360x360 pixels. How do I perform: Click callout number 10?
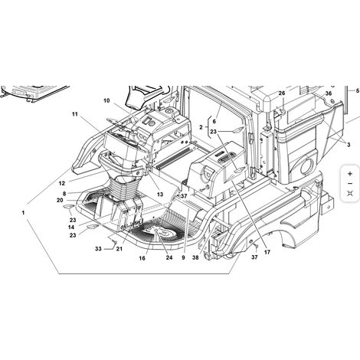tap(106, 100)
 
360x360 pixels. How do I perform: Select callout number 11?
tap(75, 114)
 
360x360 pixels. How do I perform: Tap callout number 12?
tap(62, 183)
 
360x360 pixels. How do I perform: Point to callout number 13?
tap(160, 195)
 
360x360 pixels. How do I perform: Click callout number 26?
tap(282, 93)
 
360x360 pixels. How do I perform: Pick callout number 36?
tap(329, 93)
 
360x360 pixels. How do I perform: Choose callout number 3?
tap(349, 145)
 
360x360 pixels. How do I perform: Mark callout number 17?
tap(267, 252)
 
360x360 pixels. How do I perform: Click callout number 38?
tap(195, 257)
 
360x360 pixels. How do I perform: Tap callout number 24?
tap(169, 257)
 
